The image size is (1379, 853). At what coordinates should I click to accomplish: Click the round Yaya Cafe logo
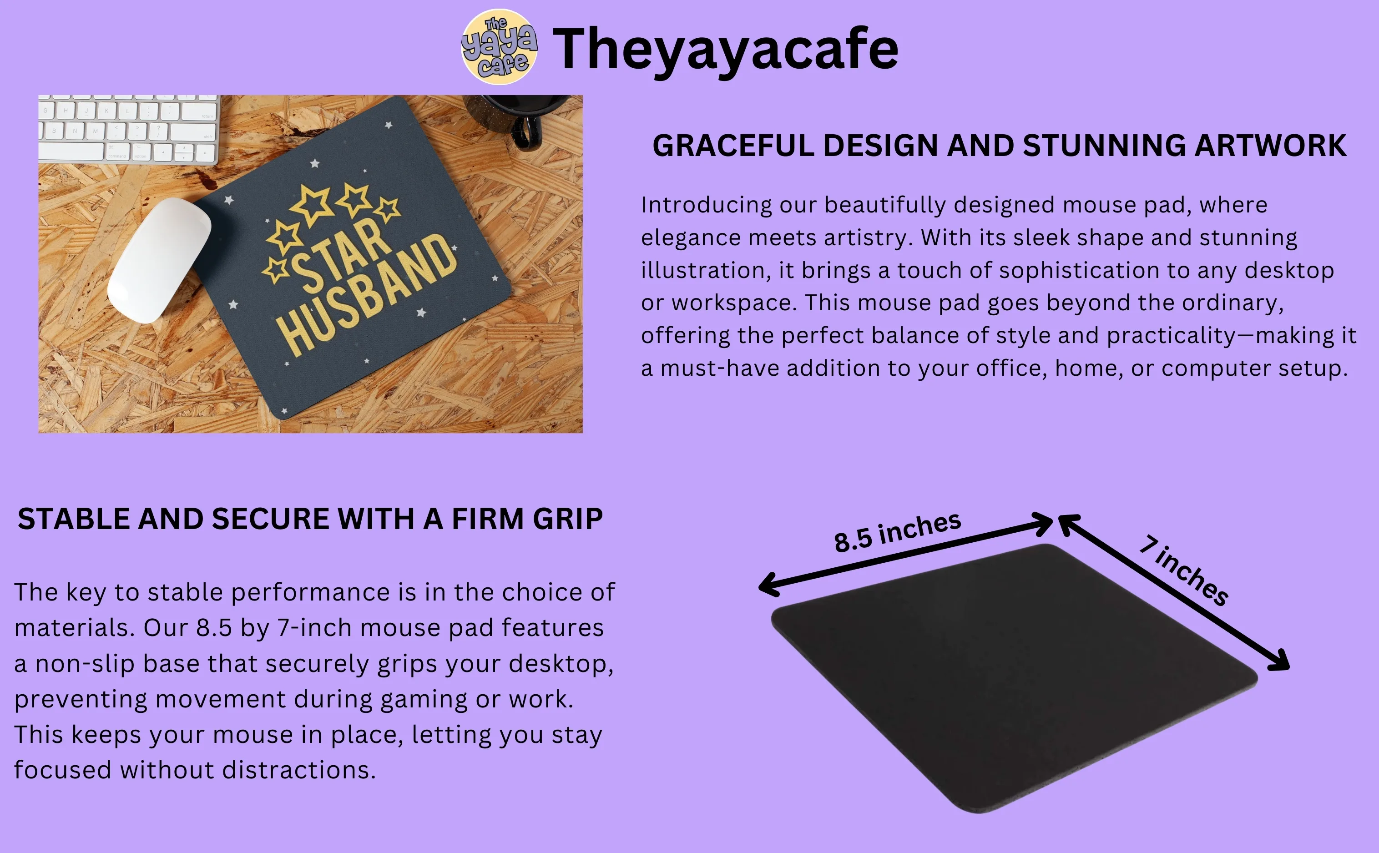pos(499,47)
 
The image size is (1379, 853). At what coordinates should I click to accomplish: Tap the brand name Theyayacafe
pos(725,50)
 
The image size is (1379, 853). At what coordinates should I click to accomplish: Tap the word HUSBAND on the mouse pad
pos(366,294)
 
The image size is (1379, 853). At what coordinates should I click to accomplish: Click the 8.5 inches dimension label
pos(897,531)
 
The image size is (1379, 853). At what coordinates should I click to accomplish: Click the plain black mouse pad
pos(1014,678)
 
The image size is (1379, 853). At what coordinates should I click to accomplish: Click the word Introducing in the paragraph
pos(706,205)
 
